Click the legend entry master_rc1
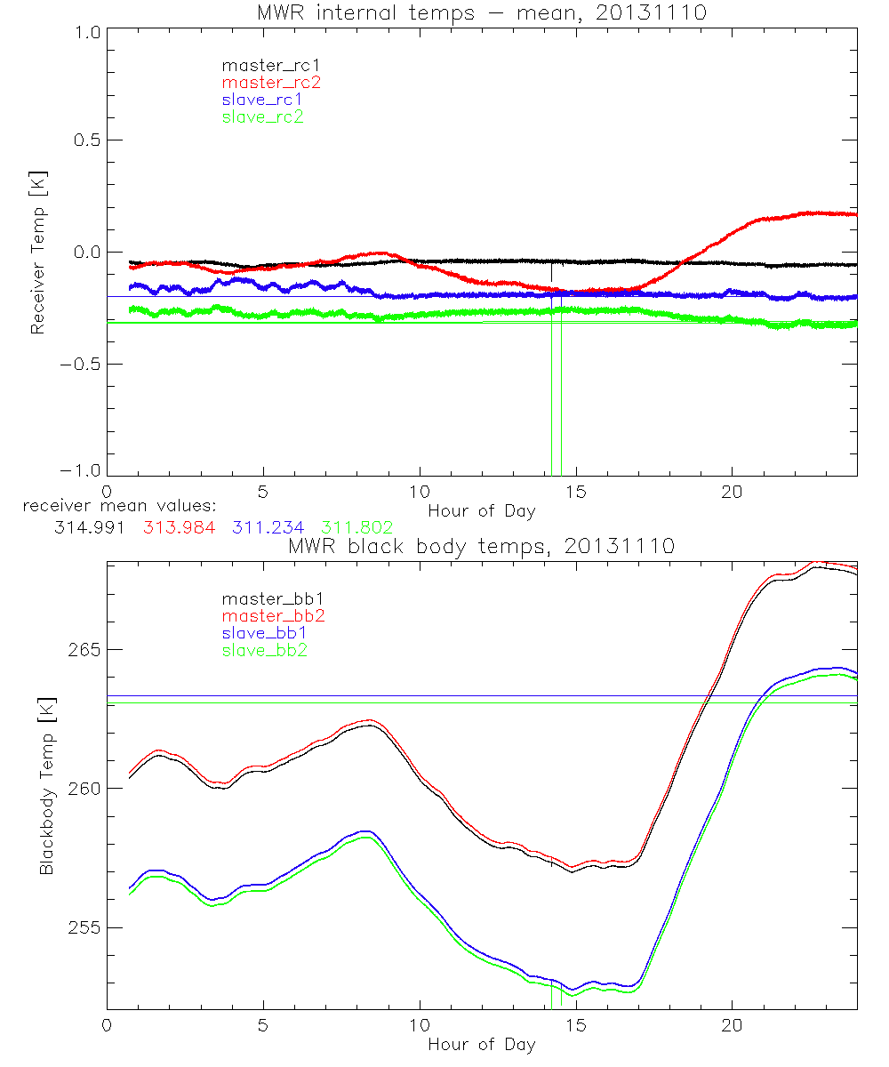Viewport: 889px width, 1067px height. click(262, 65)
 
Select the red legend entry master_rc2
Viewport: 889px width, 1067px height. click(262, 82)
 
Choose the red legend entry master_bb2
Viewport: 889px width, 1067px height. click(264, 615)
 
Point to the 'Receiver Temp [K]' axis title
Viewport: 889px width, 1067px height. click(37, 252)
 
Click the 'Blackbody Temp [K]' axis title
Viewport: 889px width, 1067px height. click(46, 785)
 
